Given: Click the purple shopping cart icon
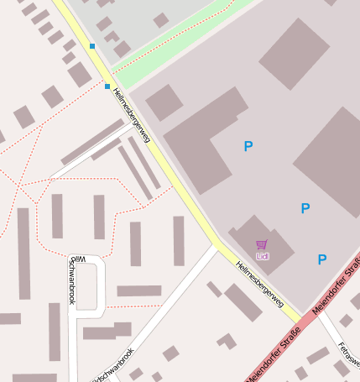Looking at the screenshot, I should [x=262, y=245].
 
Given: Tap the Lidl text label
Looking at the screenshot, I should [x=262, y=255].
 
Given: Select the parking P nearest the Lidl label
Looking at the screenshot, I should [x=321, y=259].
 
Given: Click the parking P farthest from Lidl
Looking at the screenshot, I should [x=248, y=146].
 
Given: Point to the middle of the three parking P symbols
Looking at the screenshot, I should [x=305, y=208].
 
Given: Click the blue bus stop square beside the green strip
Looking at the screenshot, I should [x=92, y=45].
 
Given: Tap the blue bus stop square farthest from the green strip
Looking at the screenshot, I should [x=107, y=86].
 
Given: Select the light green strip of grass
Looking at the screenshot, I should [x=180, y=33].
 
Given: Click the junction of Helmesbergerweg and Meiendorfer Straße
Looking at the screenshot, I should [x=298, y=320].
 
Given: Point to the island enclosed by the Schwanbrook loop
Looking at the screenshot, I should [x=87, y=286].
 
